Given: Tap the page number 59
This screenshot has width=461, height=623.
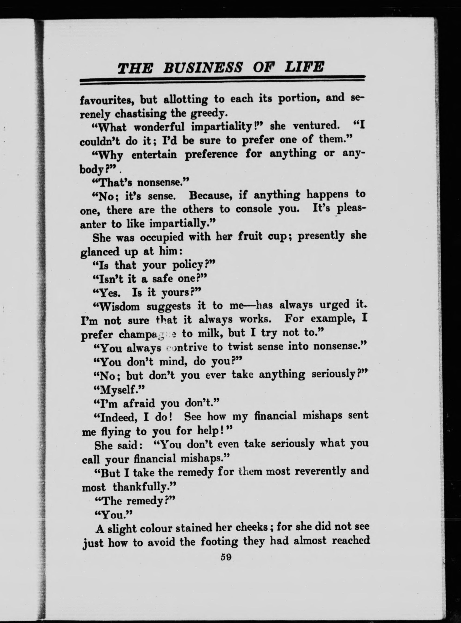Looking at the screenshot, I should click(x=226, y=557).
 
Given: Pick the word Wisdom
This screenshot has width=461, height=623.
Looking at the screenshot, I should click(x=120, y=307).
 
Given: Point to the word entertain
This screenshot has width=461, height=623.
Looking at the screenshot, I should click(x=154, y=154).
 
